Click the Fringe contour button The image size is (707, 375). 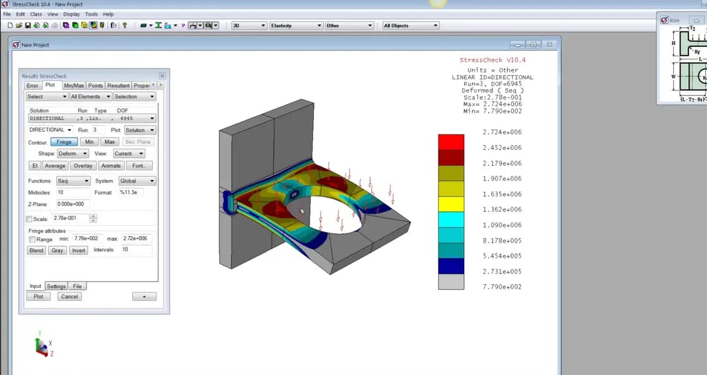click(x=64, y=142)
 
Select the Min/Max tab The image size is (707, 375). click(x=74, y=86)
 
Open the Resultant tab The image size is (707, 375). click(x=118, y=86)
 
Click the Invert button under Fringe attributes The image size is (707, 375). click(x=78, y=250)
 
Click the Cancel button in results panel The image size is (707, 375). click(x=69, y=296)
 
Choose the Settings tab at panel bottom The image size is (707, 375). click(x=56, y=286)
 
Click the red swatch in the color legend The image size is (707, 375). click(x=451, y=142)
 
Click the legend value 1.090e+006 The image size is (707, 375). click(x=502, y=225)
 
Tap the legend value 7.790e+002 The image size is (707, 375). click(x=502, y=287)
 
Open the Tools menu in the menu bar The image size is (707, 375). click(x=91, y=14)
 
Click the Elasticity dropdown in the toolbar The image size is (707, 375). click(x=296, y=26)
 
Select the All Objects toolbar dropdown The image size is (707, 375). click(x=410, y=26)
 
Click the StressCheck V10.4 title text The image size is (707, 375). click(x=492, y=60)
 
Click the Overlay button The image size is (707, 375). click(x=83, y=166)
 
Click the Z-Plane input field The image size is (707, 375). click(x=72, y=204)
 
